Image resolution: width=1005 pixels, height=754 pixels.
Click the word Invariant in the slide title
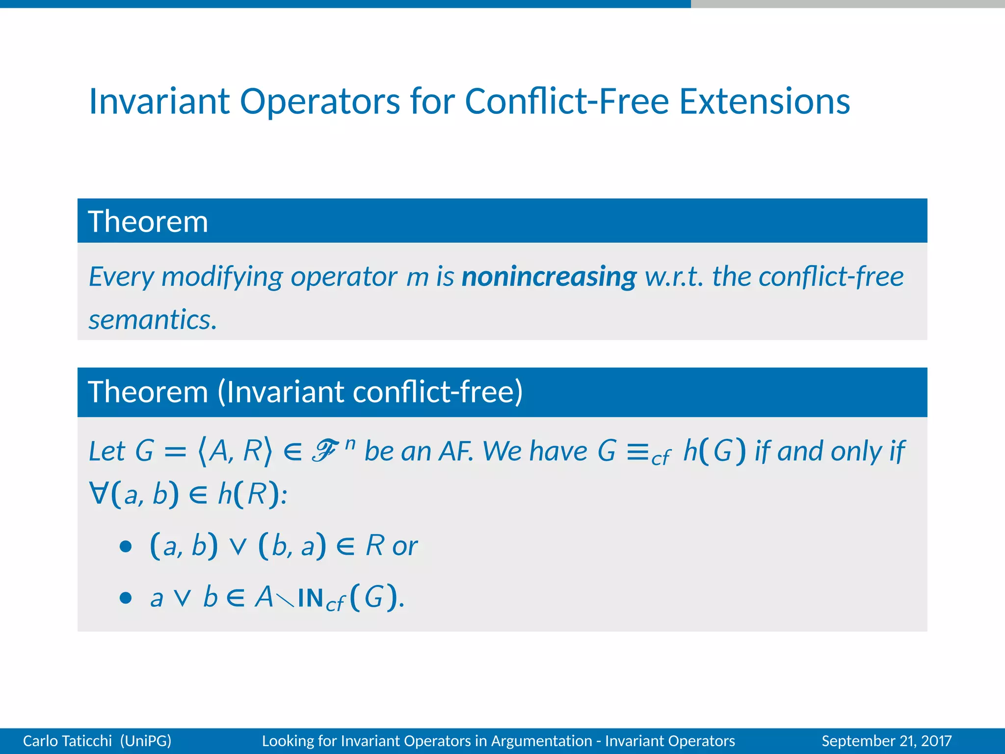(159, 101)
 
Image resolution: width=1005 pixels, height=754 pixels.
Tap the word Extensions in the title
(764, 101)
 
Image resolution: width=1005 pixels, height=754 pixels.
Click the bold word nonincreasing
(549, 276)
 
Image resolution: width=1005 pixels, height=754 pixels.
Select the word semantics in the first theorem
(152, 320)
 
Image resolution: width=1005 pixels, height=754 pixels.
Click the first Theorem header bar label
(148, 221)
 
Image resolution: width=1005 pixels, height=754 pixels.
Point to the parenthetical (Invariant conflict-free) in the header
(370, 392)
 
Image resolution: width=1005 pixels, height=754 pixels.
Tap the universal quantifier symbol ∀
(98, 493)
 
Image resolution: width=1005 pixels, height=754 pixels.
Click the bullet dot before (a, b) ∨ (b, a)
(126, 546)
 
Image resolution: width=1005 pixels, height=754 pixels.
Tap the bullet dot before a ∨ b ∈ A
(126, 598)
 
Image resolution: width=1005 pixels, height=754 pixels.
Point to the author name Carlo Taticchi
(67, 741)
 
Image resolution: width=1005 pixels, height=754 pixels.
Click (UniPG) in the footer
(146, 741)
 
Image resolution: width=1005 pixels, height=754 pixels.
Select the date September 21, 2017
(886, 741)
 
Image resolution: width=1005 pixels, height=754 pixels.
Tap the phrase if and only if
(829, 451)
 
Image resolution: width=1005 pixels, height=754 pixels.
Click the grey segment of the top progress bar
(847, 4)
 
